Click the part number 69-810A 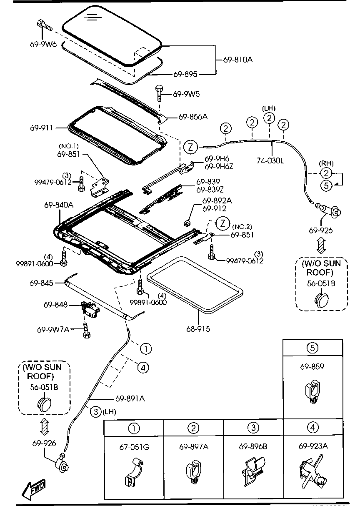click(237, 60)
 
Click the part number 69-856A click(192, 117)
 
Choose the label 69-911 click(41, 128)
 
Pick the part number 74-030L click(270, 161)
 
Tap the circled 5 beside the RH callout click(326, 186)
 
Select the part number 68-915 click(198, 329)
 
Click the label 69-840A click(59, 205)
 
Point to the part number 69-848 click(55, 305)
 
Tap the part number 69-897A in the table click(194, 447)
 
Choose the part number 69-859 click(312, 367)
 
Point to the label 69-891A click(130, 398)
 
